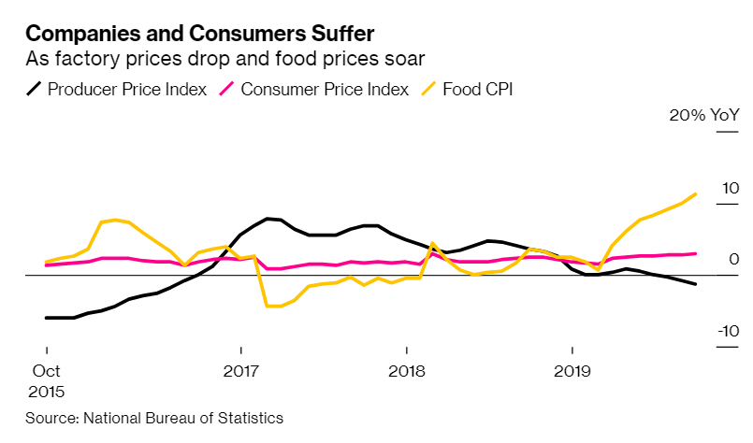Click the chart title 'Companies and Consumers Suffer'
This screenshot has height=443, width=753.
pos(200,35)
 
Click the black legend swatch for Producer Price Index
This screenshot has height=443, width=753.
pos(34,90)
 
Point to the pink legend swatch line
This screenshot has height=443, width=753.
pos(225,90)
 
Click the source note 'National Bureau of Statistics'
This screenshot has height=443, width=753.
pos(183,418)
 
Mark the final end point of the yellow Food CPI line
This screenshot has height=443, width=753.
pos(695,194)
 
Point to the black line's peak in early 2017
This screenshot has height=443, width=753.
pos(268,219)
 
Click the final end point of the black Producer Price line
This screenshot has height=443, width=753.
pos(695,284)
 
